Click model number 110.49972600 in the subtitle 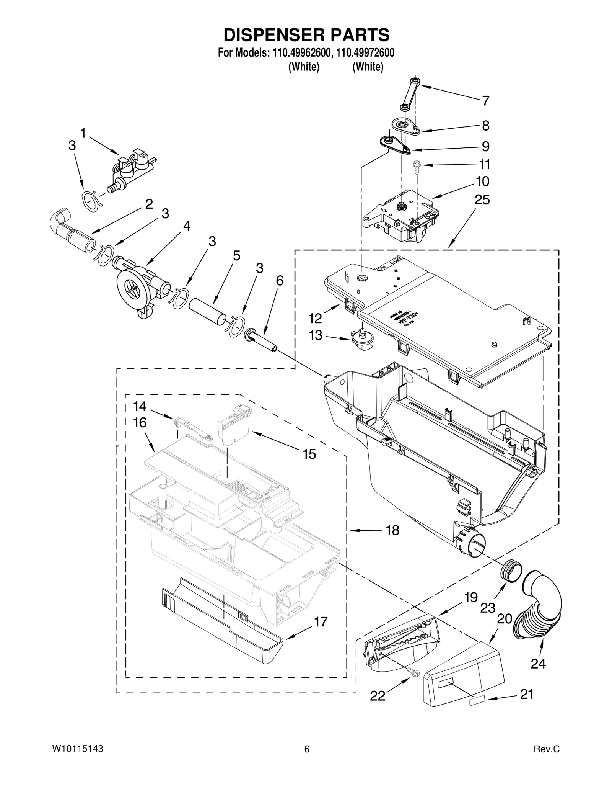365,53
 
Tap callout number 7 485,101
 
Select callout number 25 482,199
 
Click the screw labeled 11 416,165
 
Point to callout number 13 316,335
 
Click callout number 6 280,281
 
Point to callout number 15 309,454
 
